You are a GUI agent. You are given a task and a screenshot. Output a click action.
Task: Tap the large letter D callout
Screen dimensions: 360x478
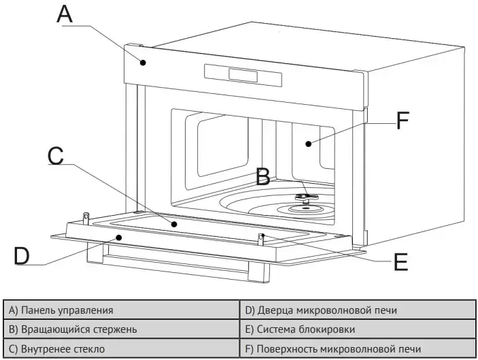pos(22,256)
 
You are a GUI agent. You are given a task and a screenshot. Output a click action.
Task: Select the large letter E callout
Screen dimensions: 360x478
pos(401,262)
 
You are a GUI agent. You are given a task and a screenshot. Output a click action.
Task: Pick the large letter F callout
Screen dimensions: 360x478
pos(402,122)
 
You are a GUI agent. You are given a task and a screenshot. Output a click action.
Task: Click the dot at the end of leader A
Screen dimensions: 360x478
pos(143,63)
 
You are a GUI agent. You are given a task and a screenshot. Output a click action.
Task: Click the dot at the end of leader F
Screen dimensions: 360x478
pos(308,143)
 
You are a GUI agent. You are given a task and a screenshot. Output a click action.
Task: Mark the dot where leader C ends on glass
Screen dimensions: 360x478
pos(175,224)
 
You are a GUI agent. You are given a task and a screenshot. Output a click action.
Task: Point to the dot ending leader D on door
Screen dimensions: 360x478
pos(120,237)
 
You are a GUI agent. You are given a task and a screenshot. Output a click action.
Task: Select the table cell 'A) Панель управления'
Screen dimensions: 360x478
pos(122,310)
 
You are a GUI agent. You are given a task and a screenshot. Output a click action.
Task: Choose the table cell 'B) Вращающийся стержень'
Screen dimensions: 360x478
pos(122,329)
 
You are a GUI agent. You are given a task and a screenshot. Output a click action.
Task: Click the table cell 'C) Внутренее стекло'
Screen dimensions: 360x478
pos(122,349)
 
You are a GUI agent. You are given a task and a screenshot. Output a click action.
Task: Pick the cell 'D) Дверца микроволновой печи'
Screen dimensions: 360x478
pos(358,310)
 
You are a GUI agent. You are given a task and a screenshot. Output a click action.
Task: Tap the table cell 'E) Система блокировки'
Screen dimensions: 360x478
pos(358,329)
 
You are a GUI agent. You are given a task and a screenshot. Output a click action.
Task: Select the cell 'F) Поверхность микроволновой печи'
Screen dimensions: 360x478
pos(358,349)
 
